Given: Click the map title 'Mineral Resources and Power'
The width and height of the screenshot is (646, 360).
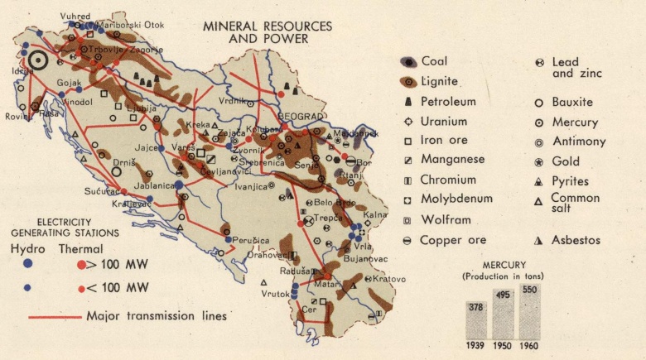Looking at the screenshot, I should pyautogui.click(x=268, y=32).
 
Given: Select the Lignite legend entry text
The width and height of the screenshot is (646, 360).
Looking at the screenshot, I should pyautogui.click(x=439, y=81).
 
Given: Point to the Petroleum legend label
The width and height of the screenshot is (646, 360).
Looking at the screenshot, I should pyautogui.click(x=448, y=102).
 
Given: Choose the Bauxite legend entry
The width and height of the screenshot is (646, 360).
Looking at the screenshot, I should pyautogui.click(x=572, y=102).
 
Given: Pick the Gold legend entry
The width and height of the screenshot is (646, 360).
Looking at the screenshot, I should pyautogui.click(x=566, y=161).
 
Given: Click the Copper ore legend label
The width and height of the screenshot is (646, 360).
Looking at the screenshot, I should pyautogui.click(x=452, y=240).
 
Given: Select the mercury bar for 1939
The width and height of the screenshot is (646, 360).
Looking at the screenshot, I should pyautogui.click(x=475, y=319).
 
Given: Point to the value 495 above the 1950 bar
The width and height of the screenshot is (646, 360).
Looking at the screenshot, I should pyautogui.click(x=503, y=295).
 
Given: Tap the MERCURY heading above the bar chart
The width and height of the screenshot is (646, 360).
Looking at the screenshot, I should pyautogui.click(x=504, y=265).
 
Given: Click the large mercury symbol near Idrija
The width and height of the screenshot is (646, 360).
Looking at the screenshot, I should pyautogui.click(x=37, y=59).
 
